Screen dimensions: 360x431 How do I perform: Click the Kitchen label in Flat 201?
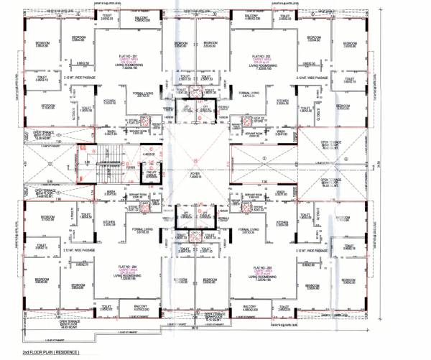point(111,102)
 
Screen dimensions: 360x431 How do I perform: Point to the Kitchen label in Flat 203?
point(283,223)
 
